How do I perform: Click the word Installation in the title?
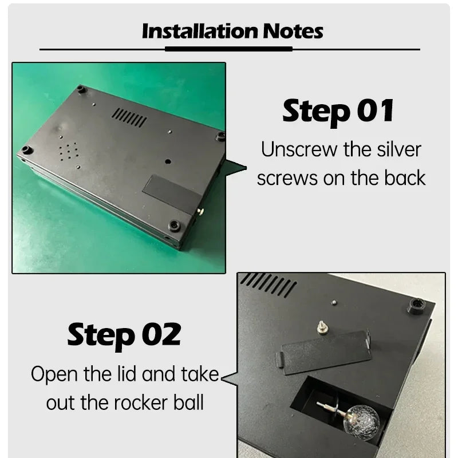point(200,31)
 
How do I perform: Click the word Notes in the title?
point(293,31)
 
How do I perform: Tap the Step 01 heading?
point(338,112)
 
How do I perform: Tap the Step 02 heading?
point(124,336)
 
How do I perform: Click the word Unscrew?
point(299,149)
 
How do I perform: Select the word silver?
point(398,149)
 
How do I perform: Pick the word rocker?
point(140,403)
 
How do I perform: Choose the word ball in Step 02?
point(188,402)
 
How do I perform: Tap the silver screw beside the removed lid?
point(322,327)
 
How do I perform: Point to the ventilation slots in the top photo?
point(129,117)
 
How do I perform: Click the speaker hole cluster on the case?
point(69,151)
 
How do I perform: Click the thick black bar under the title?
point(228,49)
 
